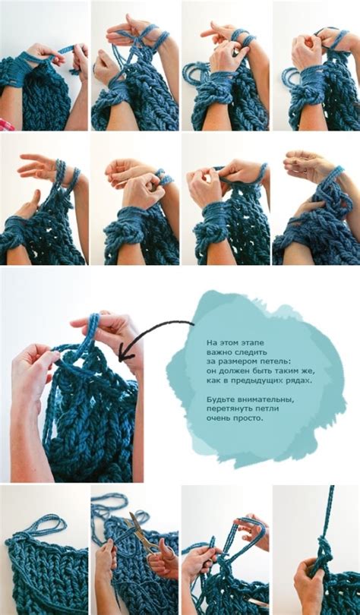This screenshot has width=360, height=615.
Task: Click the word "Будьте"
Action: click(218, 399)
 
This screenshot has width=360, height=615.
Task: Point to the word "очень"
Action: click(218, 418)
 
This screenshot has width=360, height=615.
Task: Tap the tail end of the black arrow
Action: click(194, 324)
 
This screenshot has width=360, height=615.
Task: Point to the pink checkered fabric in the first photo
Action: click(6, 125)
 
